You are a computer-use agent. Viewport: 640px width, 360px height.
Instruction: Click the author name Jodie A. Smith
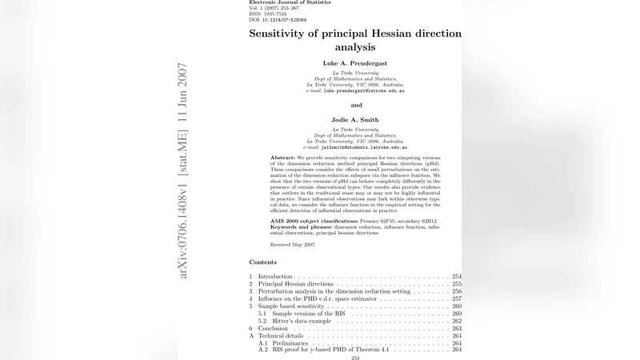coord(356,120)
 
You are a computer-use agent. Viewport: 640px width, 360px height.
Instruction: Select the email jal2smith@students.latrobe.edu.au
coord(356,148)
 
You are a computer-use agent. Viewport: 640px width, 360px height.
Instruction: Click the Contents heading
coord(262,262)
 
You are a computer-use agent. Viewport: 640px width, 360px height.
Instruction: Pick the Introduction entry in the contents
coord(275,277)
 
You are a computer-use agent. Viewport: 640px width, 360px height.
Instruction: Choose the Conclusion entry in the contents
coord(273,328)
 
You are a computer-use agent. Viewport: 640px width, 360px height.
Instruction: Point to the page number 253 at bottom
coord(355,358)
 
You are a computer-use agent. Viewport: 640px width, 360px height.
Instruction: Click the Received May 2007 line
coord(294,244)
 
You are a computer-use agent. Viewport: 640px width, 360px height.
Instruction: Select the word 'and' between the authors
coord(356,105)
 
